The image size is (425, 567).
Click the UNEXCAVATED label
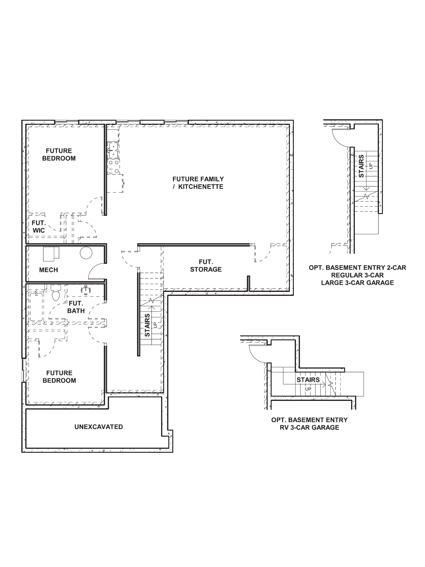[99, 427]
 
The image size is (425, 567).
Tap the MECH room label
[48, 270]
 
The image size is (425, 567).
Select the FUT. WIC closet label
[39, 227]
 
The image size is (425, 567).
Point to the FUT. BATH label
[76, 307]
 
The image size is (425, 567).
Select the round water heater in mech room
[86, 253]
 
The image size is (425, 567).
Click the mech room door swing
[96, 272]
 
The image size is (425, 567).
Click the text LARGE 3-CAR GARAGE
[357, 283]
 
